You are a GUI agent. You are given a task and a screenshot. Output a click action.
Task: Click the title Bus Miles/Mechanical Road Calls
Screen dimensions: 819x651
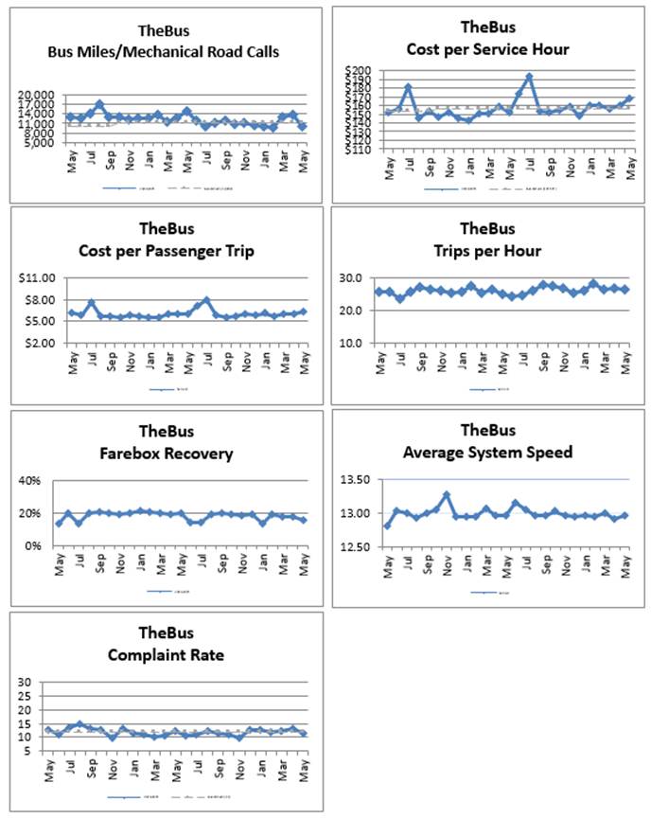pyautogui.click(x=164, y=52)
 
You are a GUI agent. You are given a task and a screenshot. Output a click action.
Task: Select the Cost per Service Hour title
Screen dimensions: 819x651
pyautogui.click(x=487, y=49)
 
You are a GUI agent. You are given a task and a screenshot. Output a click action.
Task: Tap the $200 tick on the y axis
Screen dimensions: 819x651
pyautogui.click(x=361, y=71)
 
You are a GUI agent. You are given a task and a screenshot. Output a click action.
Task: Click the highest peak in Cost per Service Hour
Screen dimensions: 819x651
pyautogui.click(x=529, y=77)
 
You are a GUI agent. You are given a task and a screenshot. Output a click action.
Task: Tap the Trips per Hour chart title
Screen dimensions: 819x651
pyautogui.click(x=487, y=251)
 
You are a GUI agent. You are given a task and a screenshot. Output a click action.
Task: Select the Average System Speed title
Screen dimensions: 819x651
pyautogui.click(x=487, y=452)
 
